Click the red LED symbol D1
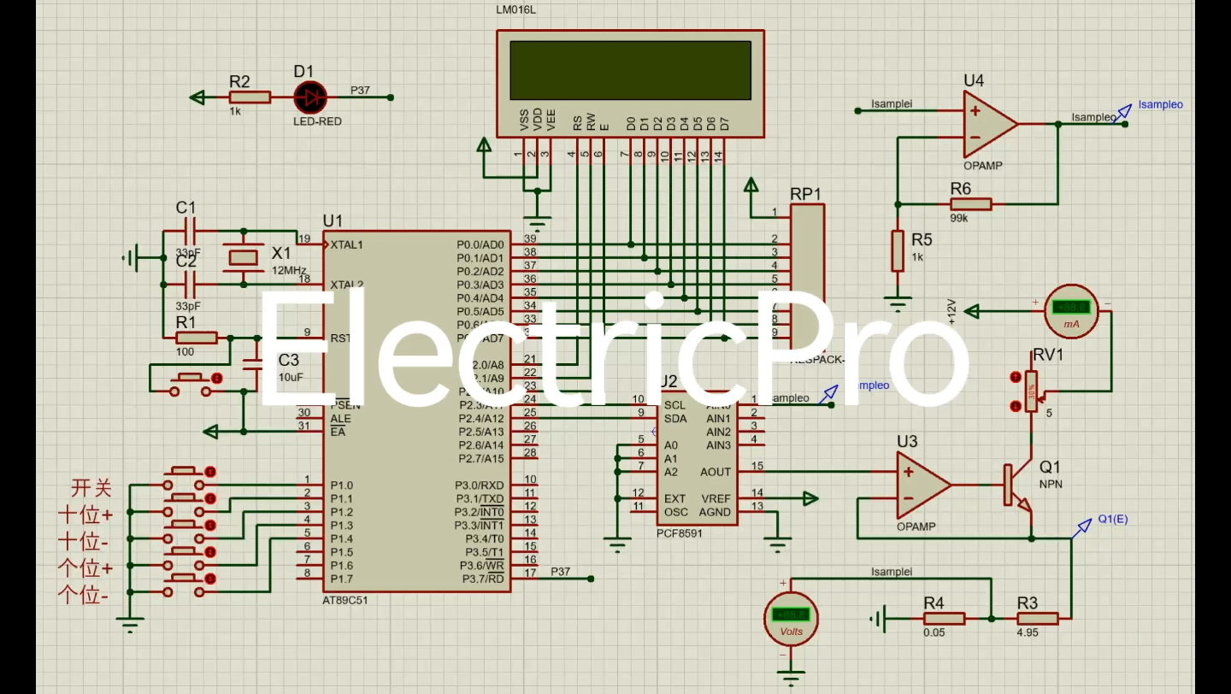click(309, 97)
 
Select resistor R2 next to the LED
click(250, 97)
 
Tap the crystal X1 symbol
click(244, 256)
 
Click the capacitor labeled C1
click(190, 231)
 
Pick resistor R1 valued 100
click(196, 338)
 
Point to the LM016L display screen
click(630, 70)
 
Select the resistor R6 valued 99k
click(970, 203)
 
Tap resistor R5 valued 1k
click(897, 250)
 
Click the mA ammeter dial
click(1070, 310)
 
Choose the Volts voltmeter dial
click(791, 617)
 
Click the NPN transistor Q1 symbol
click(1017, 485)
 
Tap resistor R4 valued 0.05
click(944, 618)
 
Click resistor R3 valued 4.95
click(1037, 618)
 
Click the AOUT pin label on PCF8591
click(716, 472)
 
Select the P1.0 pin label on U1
click(342, 485)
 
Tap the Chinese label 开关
click(91, 489)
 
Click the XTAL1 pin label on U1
click(346, 244)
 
